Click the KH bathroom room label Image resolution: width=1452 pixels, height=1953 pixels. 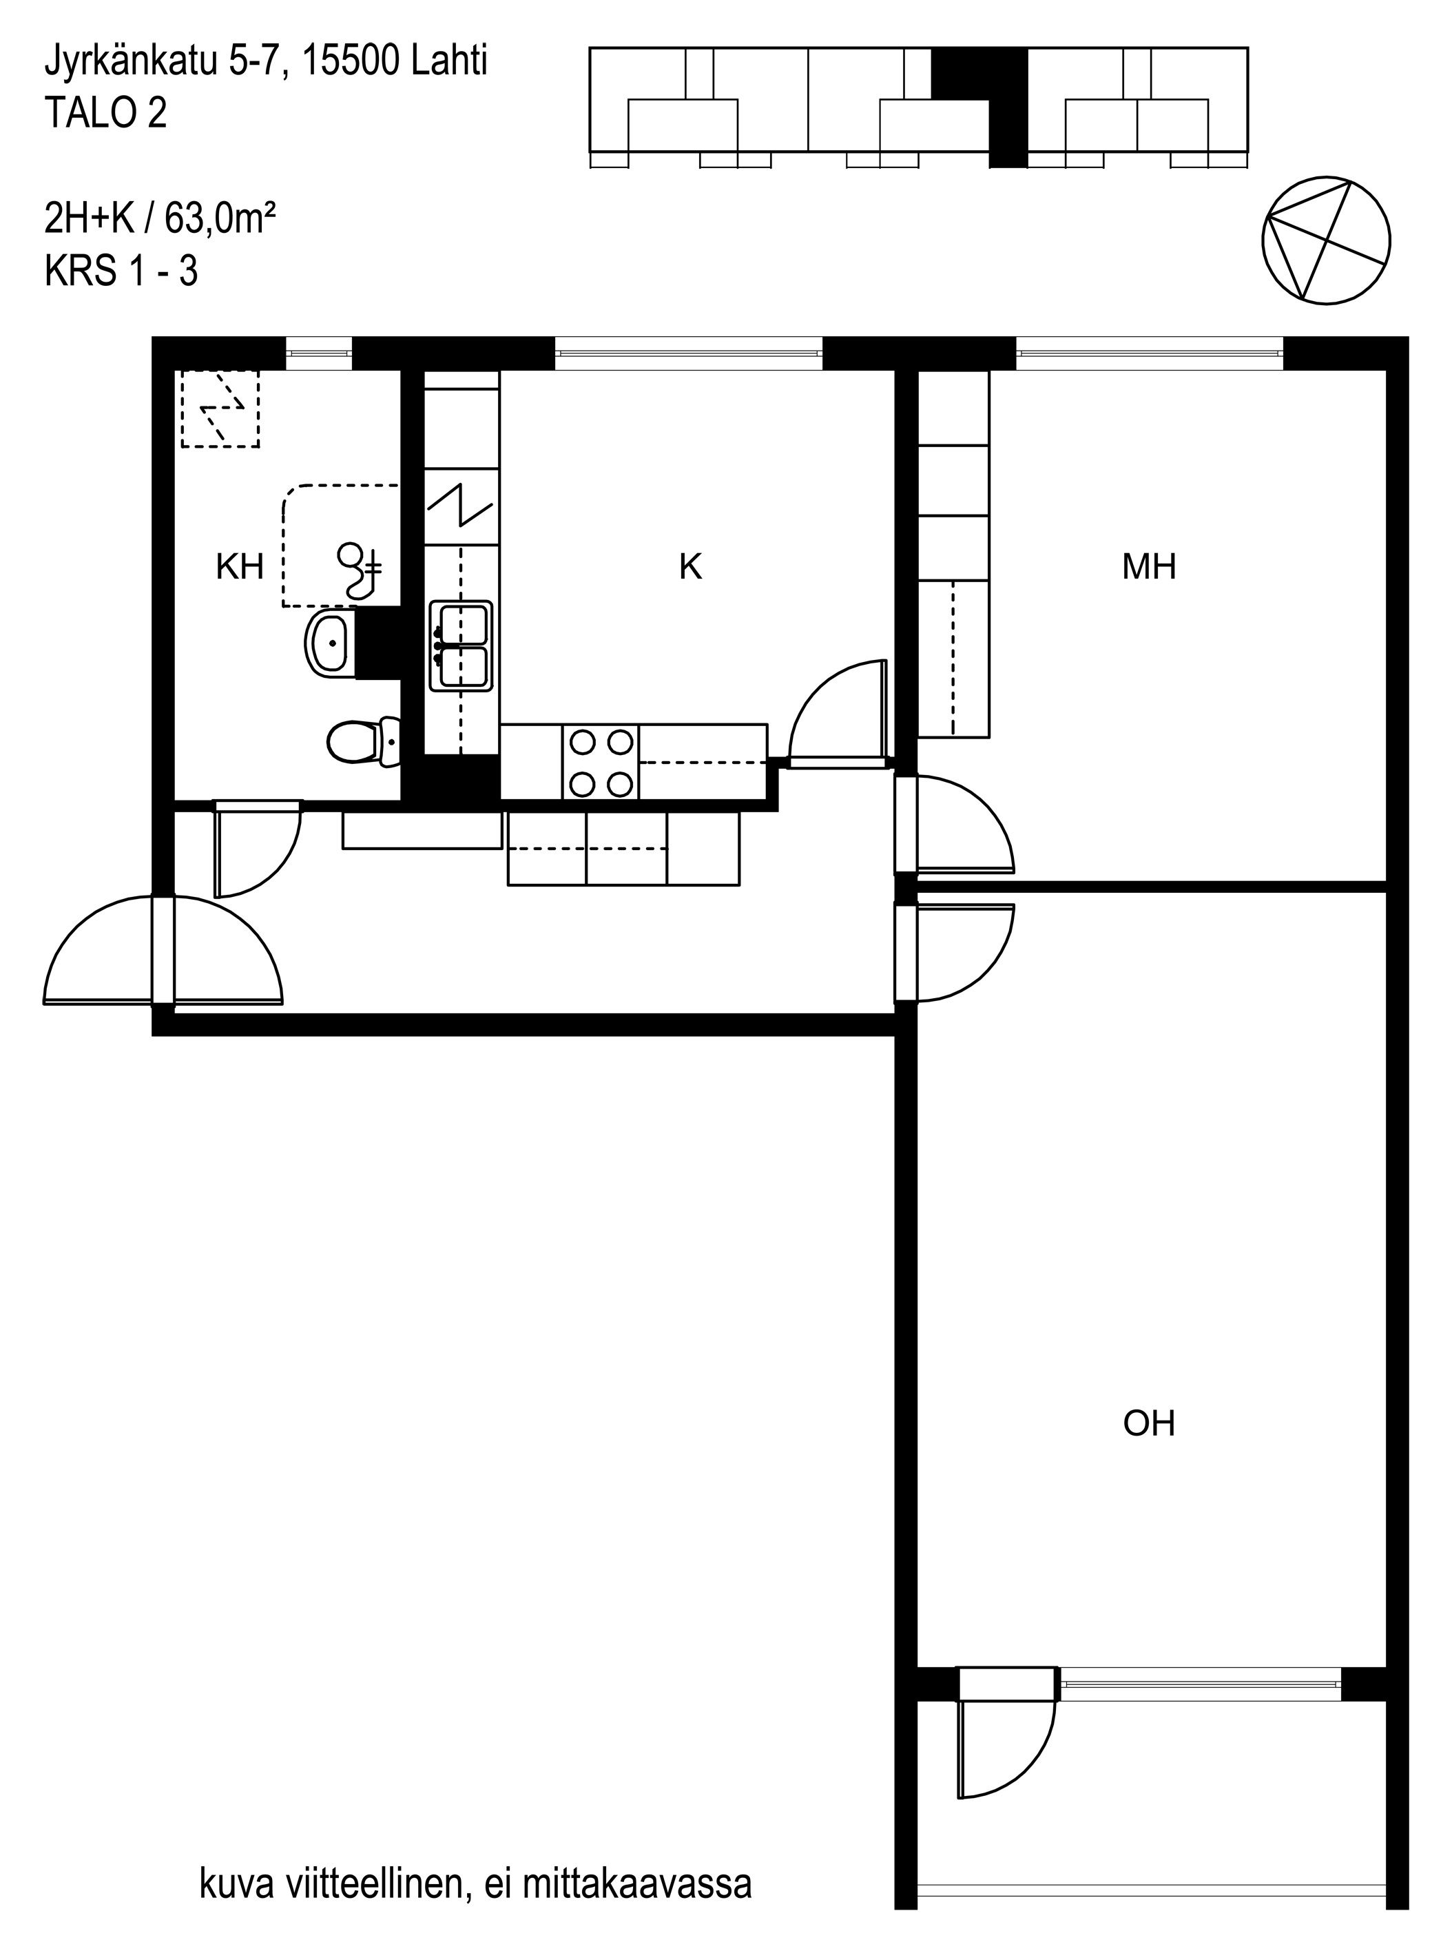(240, 567)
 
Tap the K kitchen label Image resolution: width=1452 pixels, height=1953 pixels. (691, 567)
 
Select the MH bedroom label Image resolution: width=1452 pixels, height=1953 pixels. (1149, 567)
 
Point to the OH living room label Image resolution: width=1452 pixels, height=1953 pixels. (1149, 1423)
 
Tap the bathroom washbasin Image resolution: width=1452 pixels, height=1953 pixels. (331, 644)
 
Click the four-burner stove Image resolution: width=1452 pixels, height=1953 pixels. (601, 762)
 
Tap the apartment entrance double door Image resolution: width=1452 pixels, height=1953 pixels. (163, 950)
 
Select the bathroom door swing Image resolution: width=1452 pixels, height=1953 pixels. (257, 848)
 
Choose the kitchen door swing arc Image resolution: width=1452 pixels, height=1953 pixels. (840, 714)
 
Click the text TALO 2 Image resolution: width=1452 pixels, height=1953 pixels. (105, 114)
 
